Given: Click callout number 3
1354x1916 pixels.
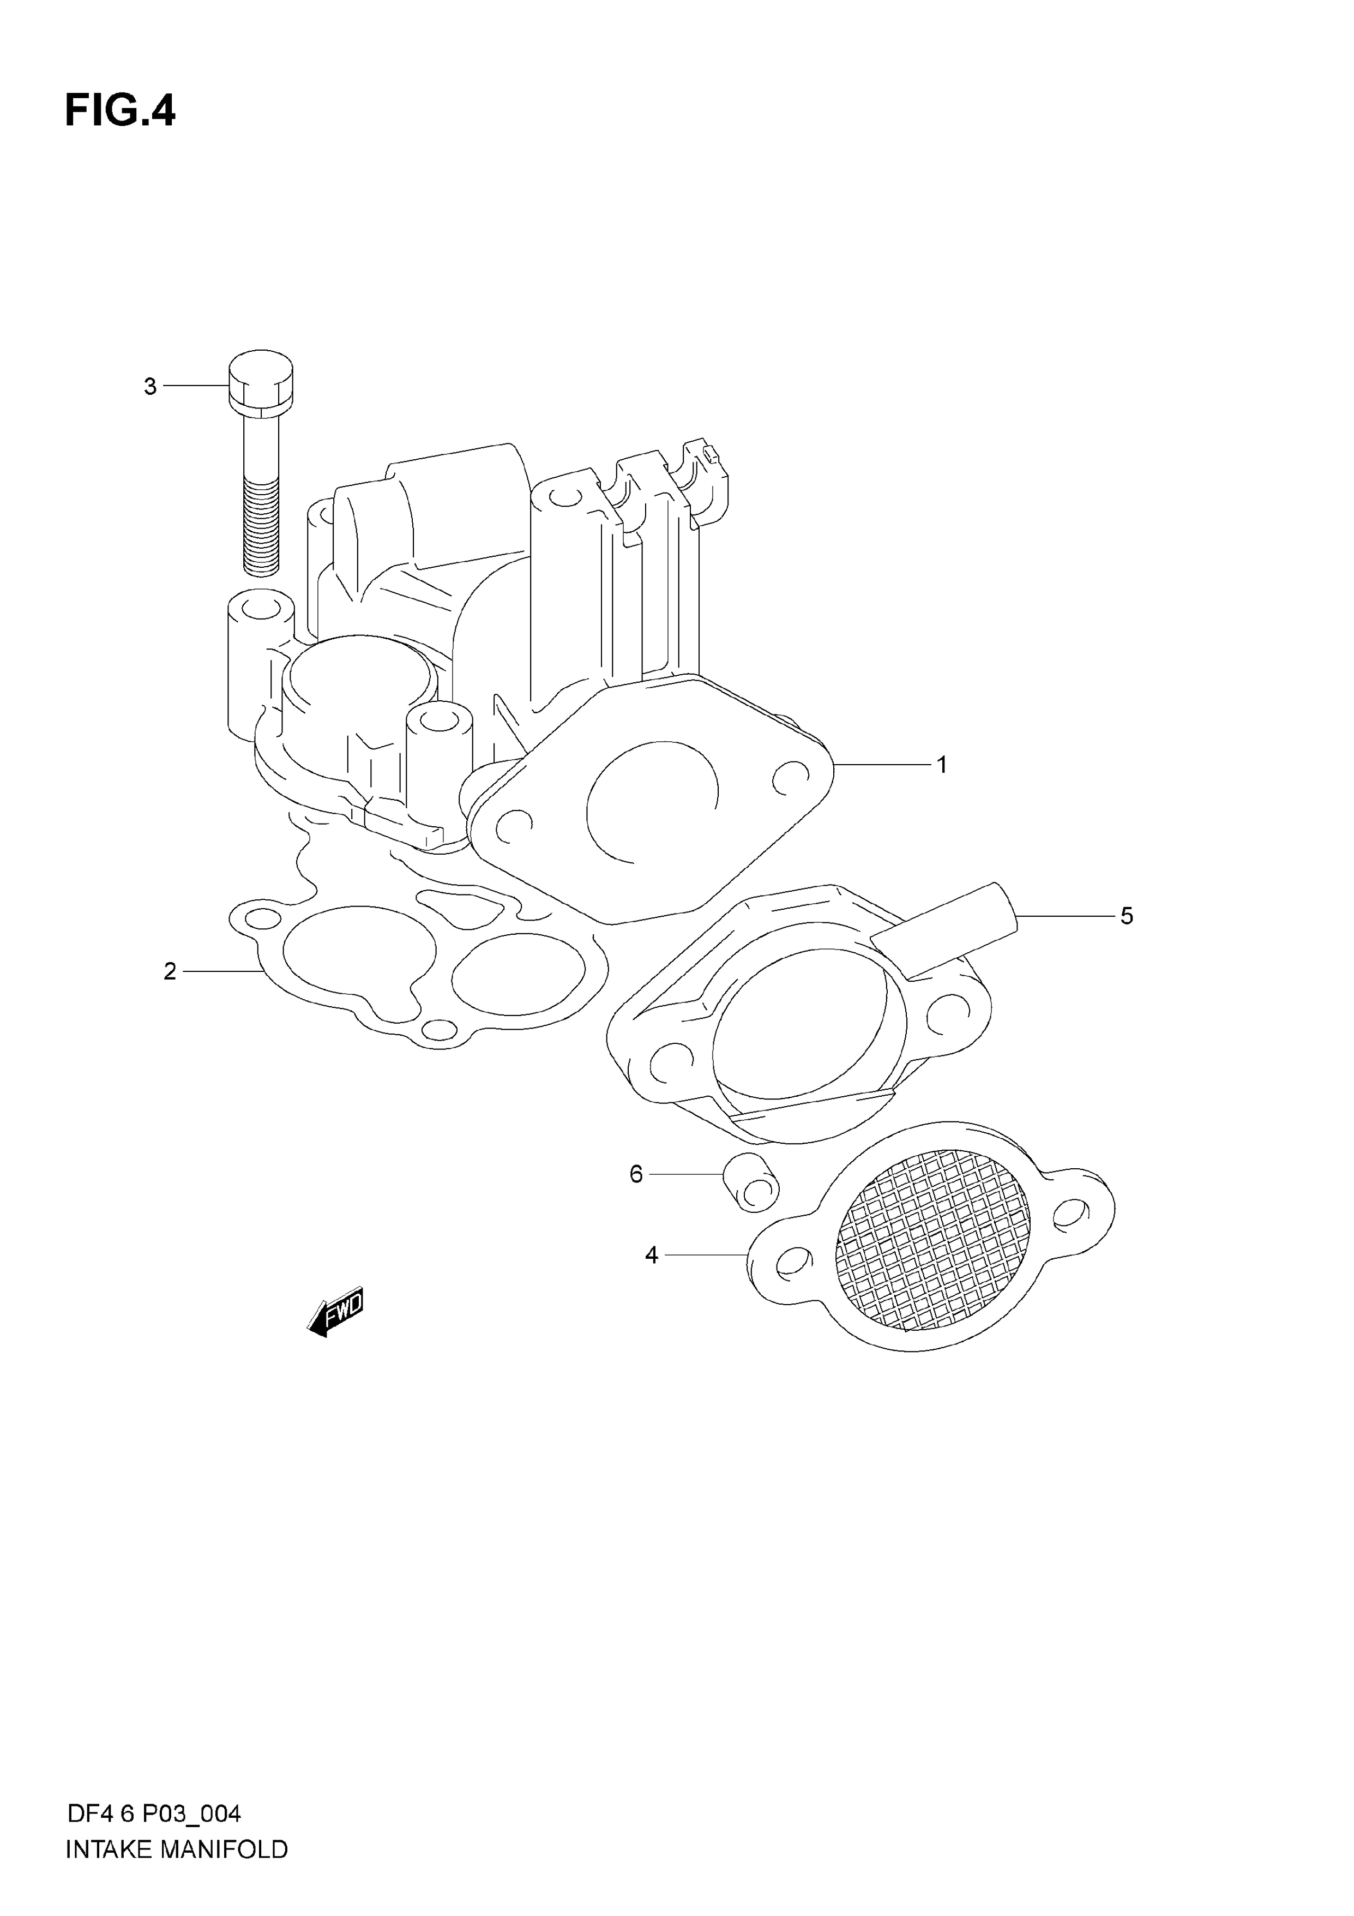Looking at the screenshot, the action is [150, 386].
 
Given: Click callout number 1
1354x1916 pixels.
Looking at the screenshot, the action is [942, 765].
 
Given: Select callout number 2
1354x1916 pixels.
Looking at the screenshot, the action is [170, 971].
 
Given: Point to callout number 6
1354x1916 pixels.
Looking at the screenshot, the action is [636, 1175].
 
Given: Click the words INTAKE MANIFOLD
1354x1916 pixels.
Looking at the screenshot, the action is [177, 1872].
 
